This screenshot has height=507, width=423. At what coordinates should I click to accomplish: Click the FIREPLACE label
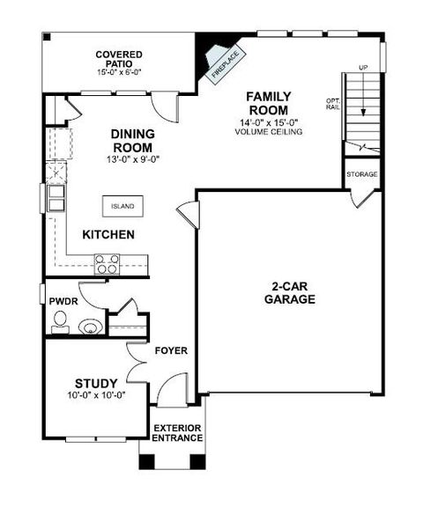click(x=225, y=64)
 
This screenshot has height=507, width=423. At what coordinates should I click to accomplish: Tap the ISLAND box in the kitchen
click(x=122, y=206)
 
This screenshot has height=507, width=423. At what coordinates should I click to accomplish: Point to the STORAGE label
click(x=361, y=174)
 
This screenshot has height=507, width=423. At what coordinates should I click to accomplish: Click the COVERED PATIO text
click(x=120, y=59)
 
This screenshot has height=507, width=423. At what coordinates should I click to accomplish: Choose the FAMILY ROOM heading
click(x=269, y=102)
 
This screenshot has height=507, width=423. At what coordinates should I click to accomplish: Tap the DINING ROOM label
click(x=133, y=140)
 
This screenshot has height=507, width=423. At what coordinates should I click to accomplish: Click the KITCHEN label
click(x=108, y=235)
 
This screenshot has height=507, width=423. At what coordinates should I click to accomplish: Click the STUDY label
click(x=96, y=383)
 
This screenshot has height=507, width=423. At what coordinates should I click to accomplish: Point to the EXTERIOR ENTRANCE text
click(x=177, y=433)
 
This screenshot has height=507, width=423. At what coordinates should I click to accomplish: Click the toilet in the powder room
click(x=59, y=326)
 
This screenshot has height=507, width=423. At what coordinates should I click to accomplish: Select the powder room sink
click(x=89, y=327)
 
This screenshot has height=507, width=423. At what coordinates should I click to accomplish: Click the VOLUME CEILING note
click(x=269, y=132)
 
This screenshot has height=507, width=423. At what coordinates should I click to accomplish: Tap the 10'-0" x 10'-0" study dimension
click(x=96, y=395)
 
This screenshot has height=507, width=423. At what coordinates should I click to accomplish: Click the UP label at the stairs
click(x=362, y=68)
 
